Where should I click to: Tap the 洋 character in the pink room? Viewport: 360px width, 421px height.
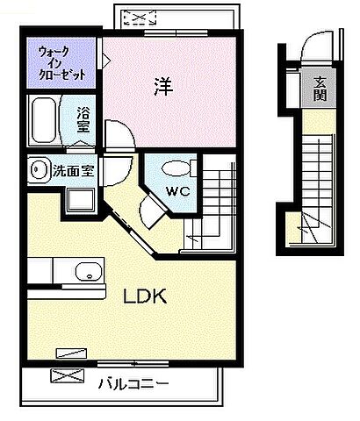(162, 86)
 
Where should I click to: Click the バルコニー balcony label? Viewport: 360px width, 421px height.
(133, 382)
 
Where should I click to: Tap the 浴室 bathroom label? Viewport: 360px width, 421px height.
(83, 120)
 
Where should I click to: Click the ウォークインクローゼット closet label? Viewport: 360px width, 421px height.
(61, 63)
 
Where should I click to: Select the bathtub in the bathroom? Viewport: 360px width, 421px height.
(45, 120)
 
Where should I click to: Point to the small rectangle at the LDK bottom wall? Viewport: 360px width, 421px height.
(68, 353)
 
